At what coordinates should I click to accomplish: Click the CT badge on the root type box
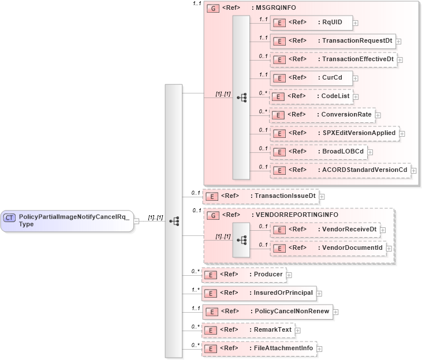click(10, 217)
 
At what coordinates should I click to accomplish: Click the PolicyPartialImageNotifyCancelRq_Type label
click(74, 220)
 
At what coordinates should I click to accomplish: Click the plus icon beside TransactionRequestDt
click(399, 42)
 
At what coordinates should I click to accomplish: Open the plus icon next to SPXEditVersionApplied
click(402, 133)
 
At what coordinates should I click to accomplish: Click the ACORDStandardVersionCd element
click(341, 170)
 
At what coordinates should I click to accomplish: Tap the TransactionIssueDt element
click(260, 196)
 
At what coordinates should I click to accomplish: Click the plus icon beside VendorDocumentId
click(389, 248)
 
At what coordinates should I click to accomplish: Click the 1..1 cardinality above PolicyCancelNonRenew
click(196, 308)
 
